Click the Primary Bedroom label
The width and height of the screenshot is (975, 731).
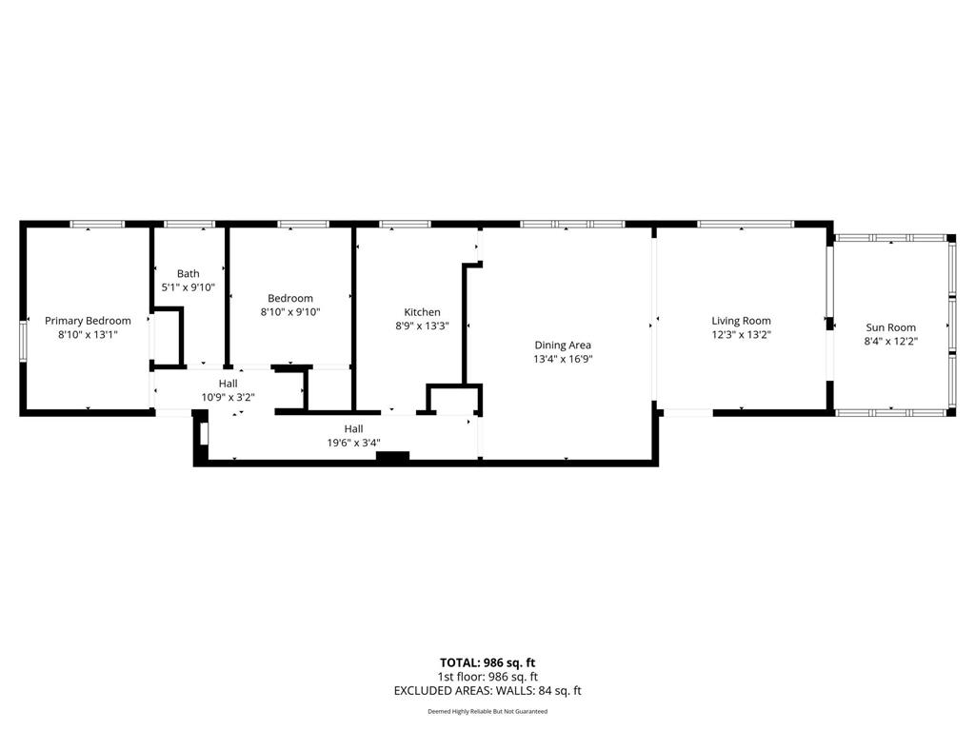[88, 321]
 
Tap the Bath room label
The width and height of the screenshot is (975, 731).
[189, 273]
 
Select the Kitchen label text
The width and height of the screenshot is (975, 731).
[422, 312]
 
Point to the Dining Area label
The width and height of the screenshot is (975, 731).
[563, 345]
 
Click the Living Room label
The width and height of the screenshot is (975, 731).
[741, 321]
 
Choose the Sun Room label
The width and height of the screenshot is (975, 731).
[891, 327]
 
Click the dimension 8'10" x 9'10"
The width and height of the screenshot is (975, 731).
[290, 312]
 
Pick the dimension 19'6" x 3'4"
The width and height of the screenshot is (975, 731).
[354, 443]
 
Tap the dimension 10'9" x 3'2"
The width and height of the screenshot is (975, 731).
[229, 397]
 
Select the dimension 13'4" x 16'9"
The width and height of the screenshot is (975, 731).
[563, 359]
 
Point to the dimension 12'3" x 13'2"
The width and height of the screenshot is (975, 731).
[741, 334]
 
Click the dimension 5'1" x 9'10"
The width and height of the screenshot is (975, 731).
[189, 287]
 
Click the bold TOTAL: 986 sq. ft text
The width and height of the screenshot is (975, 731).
[487, 662]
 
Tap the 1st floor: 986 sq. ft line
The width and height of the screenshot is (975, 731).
[487, 677]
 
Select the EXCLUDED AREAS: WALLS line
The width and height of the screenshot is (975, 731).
[487, 691]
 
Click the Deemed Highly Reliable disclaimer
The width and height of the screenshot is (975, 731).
[487, 711]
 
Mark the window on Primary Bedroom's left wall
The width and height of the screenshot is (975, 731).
[23, 341]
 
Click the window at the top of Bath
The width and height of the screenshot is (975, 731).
[189, 224]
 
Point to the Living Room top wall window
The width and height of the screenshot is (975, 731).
[746, 224]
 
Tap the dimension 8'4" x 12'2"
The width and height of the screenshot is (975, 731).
[891, 342]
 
